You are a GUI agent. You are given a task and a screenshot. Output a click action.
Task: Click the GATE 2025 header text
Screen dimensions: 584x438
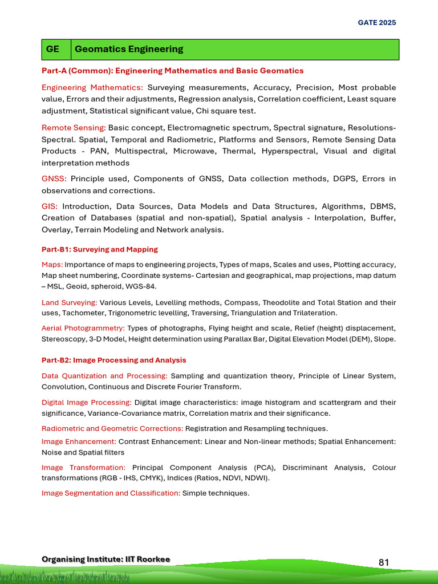[x=376, y=23]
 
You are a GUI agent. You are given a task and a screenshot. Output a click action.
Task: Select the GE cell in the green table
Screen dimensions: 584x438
[x=52, y=49]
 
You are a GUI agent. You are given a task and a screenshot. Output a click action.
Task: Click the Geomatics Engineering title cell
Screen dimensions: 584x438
[x=129, y=49]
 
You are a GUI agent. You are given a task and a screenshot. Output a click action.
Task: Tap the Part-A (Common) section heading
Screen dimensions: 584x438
[x=172, y=71]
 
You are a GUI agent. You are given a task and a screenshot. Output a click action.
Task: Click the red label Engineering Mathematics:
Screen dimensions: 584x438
[x=92, y=88]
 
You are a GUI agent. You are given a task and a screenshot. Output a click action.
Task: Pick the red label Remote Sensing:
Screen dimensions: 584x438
[x=74, y=128]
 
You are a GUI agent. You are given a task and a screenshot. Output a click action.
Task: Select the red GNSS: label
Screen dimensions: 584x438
[x=54, y=179]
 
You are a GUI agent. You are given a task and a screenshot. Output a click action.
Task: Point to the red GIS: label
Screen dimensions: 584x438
[x=50, y=206]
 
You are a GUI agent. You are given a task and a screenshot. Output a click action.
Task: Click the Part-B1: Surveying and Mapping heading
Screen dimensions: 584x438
[x=100, y=249]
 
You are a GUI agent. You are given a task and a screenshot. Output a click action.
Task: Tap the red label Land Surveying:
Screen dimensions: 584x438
[x=70, y=302]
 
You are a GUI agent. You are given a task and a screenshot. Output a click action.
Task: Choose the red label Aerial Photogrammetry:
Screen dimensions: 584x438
[x=83, y=328]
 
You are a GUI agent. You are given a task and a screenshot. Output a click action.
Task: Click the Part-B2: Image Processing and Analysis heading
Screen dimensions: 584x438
[x=113, y=360]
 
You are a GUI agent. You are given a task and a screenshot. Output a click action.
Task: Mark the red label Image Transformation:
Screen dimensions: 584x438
[x=83, y=468]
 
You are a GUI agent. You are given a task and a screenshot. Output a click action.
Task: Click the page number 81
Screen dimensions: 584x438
[x=384, y=562]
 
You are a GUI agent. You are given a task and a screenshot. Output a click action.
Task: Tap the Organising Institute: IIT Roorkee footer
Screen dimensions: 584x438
[x=106, y=559]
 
